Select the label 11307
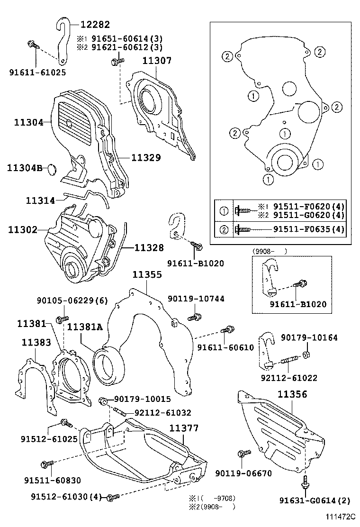156,61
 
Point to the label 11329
146,157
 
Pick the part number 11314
40,200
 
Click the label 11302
22,230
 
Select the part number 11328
149,247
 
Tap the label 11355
147,274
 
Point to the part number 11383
36,342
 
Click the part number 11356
292,394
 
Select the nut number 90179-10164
309,338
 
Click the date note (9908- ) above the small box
270,251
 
